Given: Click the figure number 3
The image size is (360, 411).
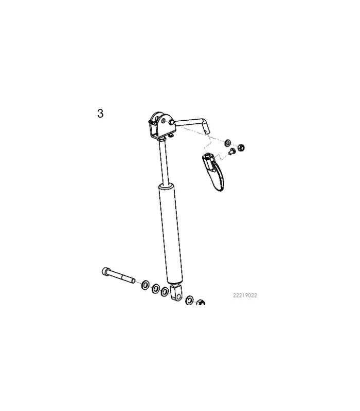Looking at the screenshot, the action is point(100,114).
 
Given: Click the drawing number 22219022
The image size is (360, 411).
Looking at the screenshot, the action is point(245,295).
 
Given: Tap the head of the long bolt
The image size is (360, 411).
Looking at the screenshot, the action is point(105,272).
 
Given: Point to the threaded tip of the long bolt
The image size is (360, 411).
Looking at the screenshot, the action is point(133,281).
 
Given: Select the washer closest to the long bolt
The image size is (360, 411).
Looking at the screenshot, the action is point(145,285).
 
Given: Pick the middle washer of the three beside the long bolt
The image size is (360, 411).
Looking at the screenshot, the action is point(156,289).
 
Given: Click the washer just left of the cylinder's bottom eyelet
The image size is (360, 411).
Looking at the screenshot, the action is point(165,291).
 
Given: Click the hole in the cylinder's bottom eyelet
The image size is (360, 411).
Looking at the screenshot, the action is point(178,297).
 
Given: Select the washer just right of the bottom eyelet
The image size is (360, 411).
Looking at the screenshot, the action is point(189,300).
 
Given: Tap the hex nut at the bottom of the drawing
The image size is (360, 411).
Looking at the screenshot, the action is point(201,302).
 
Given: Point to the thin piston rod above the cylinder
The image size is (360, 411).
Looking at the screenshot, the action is point(164,162).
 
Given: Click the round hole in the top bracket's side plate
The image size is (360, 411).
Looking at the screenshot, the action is point(164,121).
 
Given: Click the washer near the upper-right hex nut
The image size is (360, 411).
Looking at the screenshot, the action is point(227,143).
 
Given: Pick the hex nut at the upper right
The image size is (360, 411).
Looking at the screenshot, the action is point(241,147).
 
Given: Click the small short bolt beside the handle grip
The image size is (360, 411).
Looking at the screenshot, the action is point(232,151).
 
